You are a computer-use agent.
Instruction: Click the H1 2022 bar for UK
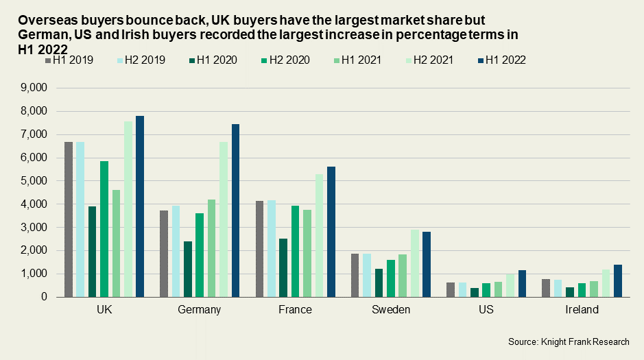click(140, 206)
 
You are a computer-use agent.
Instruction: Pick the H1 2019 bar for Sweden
click(355, 275)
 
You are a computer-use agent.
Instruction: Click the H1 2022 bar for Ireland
click(618, 280)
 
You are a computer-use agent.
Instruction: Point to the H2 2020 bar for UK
click(104, 229)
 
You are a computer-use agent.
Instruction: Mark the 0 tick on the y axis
click(43, 297)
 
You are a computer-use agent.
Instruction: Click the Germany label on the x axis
click(200, 310)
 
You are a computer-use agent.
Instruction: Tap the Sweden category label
click(391, 310)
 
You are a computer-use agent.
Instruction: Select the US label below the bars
click(486, 310)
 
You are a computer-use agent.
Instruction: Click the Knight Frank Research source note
click(569, 341)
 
